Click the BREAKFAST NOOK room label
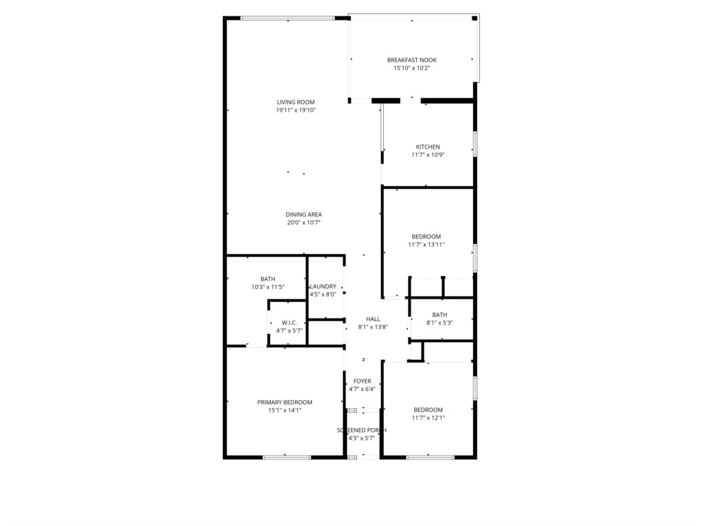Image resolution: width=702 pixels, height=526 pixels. point(411,60)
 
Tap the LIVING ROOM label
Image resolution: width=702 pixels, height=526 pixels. point(295,102)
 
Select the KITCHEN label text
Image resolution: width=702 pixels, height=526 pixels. point(428,147)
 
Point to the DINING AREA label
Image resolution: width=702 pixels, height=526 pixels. point(304,214)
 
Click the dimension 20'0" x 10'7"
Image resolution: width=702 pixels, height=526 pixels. point(304,223)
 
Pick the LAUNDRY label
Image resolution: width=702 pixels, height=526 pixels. point(323,287)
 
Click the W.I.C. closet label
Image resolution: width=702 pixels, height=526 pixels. point(289,323)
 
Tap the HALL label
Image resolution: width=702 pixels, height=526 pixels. point(373,319)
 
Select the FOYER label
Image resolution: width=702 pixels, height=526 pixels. point(362,381)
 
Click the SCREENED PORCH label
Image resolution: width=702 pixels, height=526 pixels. point(362,430)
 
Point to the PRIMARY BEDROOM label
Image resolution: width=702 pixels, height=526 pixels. point(285,403)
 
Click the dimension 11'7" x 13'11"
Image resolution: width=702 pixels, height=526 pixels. point(426,245)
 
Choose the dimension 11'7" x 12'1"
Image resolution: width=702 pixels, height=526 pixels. point(428,418)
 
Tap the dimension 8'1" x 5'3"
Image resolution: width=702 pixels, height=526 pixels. point(439,323)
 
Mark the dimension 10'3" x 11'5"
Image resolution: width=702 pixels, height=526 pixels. point(268,287)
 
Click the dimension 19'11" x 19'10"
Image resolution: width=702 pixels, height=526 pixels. point(295,110)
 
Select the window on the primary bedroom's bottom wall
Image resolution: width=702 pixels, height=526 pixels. point(287,457)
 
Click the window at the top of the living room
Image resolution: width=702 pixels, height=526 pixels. point(287,18)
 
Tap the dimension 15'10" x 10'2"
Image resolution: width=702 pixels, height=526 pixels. point(411,68)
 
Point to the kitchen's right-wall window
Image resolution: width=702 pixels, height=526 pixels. point(475,144)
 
